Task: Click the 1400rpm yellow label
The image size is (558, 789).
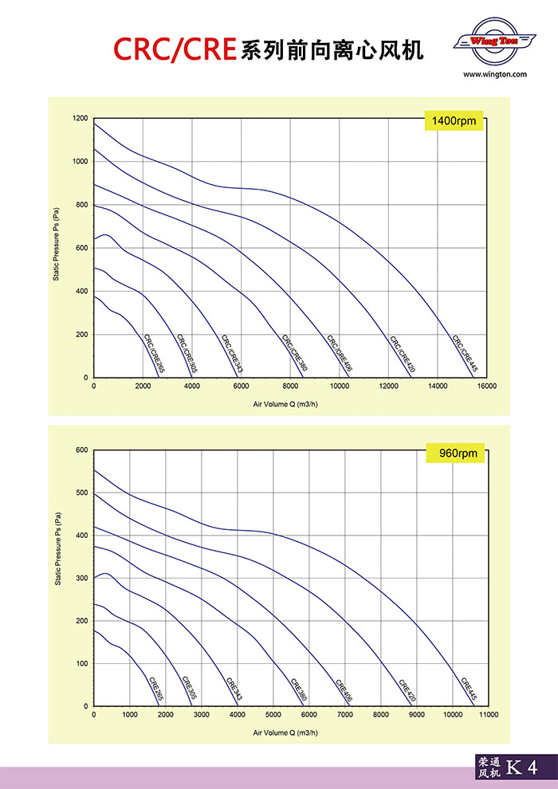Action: (x=453, y=122)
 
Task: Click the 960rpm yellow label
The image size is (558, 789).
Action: (x=458, y=453)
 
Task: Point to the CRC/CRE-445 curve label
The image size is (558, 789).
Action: (x=464, y=354)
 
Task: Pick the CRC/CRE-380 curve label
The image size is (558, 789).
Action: (x=293, y=354)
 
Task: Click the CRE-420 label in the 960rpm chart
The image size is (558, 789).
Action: (x=407, y=689)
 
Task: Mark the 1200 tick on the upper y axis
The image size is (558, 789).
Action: (x=80, y=119)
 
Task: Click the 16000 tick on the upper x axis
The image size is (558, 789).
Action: (x=486, y=386)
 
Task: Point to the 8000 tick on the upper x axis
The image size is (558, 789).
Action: (x=290, y=386)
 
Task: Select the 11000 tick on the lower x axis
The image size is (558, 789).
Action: (x=488, y=715)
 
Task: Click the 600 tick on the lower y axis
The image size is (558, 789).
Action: (x=81, y=450)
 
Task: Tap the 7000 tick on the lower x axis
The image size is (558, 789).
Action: (x=344, y=715)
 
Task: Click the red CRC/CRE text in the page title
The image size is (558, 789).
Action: (x=175, y=49)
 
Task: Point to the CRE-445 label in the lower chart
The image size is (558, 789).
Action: (x=470, y=689)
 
